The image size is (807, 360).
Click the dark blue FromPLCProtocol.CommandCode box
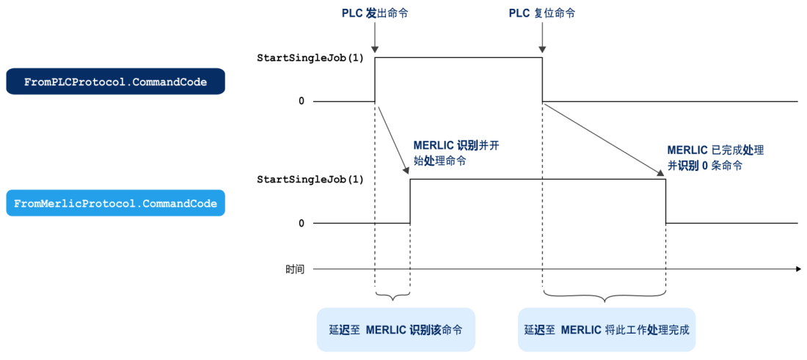click(x=115, y=82)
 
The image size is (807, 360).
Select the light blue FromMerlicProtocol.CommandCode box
click(x=115, y=203)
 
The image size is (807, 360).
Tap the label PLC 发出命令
click(x=375, y=13)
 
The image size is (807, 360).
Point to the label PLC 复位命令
click(x=542, y=13)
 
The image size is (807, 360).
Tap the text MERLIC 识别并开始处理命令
click(x=456, y=153)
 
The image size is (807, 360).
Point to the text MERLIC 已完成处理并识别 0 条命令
click(x=715, y=158)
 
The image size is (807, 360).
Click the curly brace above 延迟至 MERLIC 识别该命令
click(x=392, y=295)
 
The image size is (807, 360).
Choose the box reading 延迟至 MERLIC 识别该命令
click(x=395, y=330)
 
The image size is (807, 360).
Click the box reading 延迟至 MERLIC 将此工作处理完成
click(x=606, y=330)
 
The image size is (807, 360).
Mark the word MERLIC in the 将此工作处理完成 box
click(x=582, y=330)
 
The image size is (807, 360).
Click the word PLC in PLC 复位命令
click(x=517, y=13)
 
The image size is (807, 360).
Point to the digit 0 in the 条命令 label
click(x=704, y=166)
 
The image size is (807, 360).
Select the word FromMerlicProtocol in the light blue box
click(x=74, y=203)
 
